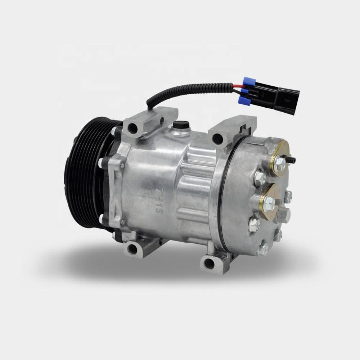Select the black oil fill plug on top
tap(178, 126)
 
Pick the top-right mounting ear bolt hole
tap(217, 137)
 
